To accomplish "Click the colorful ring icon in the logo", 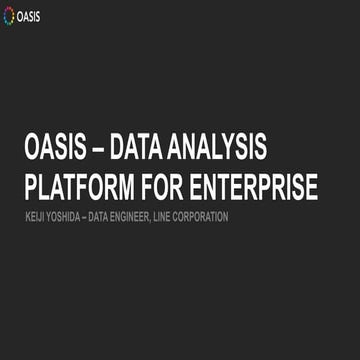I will [11, 18].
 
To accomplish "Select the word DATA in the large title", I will [140, 150].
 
